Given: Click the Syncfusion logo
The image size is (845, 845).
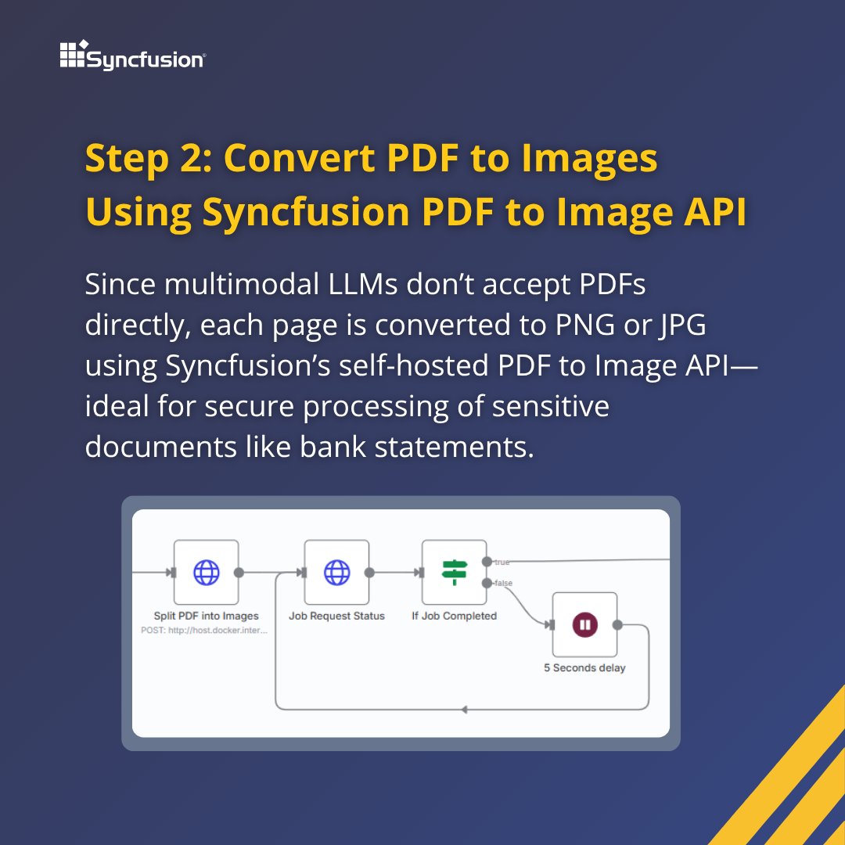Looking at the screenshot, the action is point(133,56).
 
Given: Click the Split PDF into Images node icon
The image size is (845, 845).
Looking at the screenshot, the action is point(207,573).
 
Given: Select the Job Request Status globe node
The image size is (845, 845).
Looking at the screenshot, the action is point(336,573).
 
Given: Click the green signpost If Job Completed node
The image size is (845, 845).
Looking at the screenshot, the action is point(454,573).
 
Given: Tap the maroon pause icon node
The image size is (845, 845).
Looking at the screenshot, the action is point(584,624).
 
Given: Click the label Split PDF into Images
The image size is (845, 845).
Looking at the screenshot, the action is point(206,616).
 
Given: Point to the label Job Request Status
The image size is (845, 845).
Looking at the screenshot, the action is point(336,616).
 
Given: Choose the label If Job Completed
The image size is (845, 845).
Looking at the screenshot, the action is point(454,616).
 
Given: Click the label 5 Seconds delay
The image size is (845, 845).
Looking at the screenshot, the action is point(584,668).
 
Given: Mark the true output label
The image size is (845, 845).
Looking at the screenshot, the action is point(502,562).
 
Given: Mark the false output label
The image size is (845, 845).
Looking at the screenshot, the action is point(503,583).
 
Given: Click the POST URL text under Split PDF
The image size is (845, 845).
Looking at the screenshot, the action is point(204,629).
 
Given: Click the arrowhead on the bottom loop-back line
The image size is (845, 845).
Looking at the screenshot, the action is point(464,710).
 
